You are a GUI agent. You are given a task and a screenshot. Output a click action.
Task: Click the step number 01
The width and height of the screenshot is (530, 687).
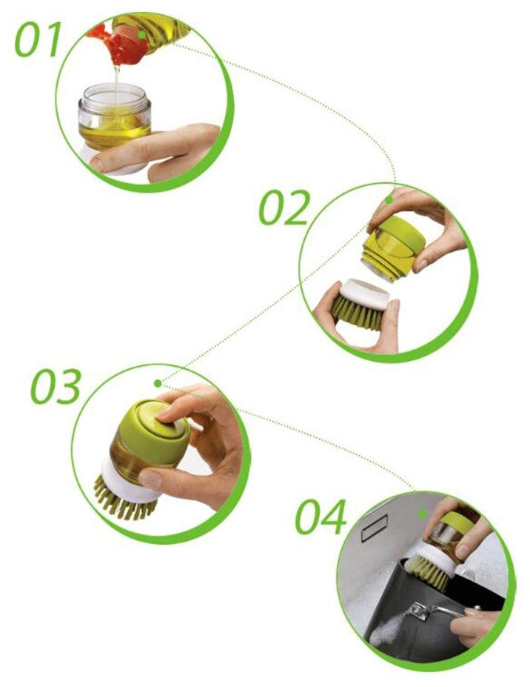tap(38, 40)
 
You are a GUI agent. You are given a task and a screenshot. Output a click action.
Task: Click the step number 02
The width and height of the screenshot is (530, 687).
tap(284, 208)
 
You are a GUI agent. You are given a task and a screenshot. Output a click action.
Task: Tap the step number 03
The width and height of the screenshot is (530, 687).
tap(56, 386)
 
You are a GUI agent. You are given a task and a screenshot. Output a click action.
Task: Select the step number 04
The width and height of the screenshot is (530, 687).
tap(321, 517)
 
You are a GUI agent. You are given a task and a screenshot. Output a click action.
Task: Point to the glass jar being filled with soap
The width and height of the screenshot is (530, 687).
tap(115, 116)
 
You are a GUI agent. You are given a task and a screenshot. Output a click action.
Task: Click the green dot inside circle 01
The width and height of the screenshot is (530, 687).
tap(142, 34)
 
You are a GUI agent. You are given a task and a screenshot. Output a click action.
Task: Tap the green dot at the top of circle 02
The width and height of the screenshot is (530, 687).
tap(389, 200)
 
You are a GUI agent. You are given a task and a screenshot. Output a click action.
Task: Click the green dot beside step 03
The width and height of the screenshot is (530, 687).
tap(158, 383)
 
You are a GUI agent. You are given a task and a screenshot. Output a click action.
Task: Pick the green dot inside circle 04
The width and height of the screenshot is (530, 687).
tap(423, 514)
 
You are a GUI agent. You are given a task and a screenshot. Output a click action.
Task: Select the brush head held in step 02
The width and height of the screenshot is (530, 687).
tap(360, 305)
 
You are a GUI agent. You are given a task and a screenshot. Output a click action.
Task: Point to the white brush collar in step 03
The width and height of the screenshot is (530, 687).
tap(130, 481)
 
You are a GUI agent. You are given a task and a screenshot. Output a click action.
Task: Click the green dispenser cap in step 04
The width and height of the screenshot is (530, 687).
tap(457, 523)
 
